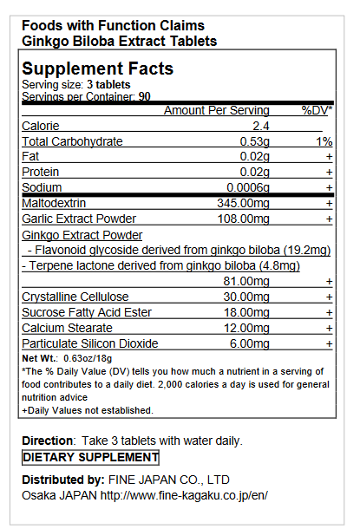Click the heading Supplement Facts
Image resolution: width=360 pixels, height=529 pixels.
[97, 69]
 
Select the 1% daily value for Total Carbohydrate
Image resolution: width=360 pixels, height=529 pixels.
[324, 141]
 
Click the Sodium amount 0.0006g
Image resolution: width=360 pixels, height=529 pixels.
[248, 187]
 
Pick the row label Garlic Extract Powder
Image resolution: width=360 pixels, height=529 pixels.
[79, 219]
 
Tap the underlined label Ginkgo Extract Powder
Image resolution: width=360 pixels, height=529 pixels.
[82, 235]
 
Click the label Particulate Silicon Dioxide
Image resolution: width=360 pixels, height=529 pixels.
[89, 343]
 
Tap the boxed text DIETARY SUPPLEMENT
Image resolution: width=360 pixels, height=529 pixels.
[90, 457]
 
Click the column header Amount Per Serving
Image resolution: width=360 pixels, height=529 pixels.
[217, 111]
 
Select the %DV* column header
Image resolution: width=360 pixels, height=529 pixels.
[317, 111]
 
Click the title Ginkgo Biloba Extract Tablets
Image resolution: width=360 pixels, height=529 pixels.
[119, 41]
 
